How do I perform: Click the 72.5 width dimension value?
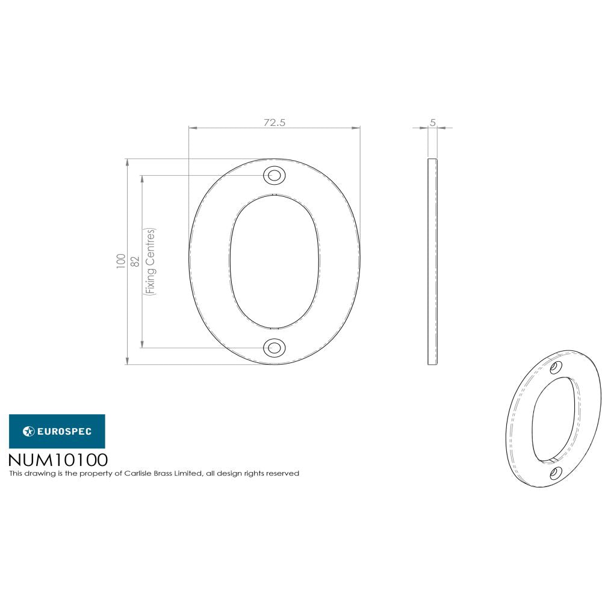[x=274, y=122]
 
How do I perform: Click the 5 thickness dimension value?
[x=433, y=122]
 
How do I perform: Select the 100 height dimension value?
[x=121, y=261]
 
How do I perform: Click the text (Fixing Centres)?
[x=150, y=261]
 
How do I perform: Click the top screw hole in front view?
[x=274, y=175]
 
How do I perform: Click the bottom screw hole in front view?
[x=274, y=347]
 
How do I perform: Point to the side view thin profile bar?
[x=433, y=261]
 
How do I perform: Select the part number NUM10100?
[x=58, y=460]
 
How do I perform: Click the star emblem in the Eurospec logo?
[x=28, y=431]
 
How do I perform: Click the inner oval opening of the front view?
[x=274, y=261]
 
